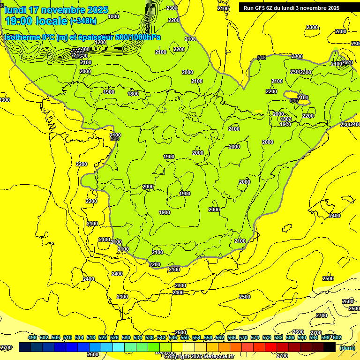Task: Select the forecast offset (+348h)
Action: tap(83, 21)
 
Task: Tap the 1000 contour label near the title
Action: tap(113, 16)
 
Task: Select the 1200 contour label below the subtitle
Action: tap(100, 42)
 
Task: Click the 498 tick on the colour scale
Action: tap(32, 337)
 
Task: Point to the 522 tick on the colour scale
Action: tap(103, 337)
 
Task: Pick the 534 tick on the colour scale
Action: tap(138, 337)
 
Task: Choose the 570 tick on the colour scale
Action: tap(243, 337)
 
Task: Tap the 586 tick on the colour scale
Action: tap(290, 337)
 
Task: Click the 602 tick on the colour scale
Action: tap(337, 337)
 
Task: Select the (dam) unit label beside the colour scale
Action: tap(347, 347)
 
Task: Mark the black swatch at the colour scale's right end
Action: tap(330, 347)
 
